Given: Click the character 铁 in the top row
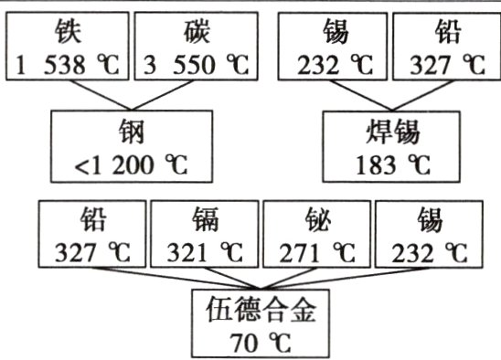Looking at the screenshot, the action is [x=67, y=33].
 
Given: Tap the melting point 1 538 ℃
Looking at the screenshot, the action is [x=67, y=65].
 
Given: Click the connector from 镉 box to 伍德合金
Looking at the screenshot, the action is [x=229, y=279].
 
